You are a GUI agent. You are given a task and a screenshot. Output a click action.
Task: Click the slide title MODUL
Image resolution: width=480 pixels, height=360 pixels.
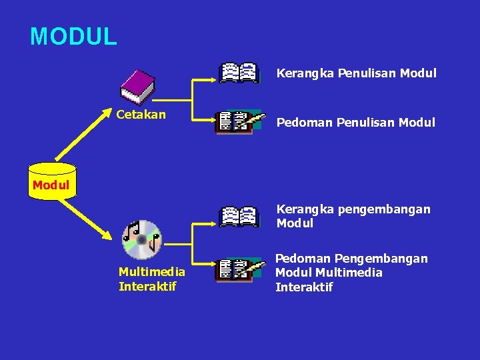click(x=73, y=36)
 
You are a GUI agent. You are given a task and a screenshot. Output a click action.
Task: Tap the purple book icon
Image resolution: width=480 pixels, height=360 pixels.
click(x=137, y=87)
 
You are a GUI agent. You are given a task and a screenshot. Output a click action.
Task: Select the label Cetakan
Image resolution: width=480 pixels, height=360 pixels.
click(x=141, y=115)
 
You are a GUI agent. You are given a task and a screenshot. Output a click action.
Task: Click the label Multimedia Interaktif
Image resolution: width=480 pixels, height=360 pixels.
click(x=151, y=279)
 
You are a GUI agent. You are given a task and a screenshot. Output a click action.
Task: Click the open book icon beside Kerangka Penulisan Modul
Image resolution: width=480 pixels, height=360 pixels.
click(x=239, y=72)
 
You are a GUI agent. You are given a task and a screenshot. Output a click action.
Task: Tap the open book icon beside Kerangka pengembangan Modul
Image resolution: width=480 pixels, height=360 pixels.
click(x=239, y=216)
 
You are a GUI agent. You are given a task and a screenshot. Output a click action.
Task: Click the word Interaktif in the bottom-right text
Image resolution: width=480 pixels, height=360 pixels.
click(x=304, y=287)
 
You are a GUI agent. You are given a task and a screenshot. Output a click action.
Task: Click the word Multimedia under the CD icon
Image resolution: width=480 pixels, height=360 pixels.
click(x=151, y=272)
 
